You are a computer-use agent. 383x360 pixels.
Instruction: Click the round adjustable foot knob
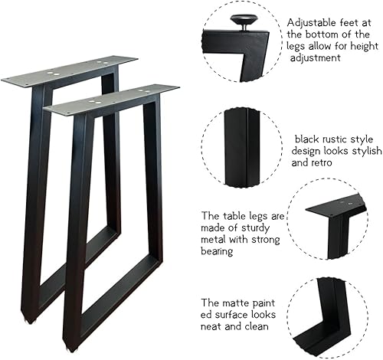[243, 19]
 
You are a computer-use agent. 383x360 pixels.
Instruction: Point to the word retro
[321, 162]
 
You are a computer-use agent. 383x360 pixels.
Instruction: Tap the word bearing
[217, 251]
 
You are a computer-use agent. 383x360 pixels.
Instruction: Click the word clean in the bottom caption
[257, 326]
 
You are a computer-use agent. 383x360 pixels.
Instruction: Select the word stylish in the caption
[367, 151]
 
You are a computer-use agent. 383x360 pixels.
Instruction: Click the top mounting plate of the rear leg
[70, 71]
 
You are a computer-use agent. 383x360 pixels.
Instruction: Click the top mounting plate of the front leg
[111, 100]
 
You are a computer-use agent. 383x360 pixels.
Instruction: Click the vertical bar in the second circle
[241, 147]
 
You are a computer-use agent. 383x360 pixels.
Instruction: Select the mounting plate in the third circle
[336, 205]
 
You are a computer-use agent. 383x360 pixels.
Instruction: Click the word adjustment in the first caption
[316, 58]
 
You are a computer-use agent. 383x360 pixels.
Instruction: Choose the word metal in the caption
[213, 240]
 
